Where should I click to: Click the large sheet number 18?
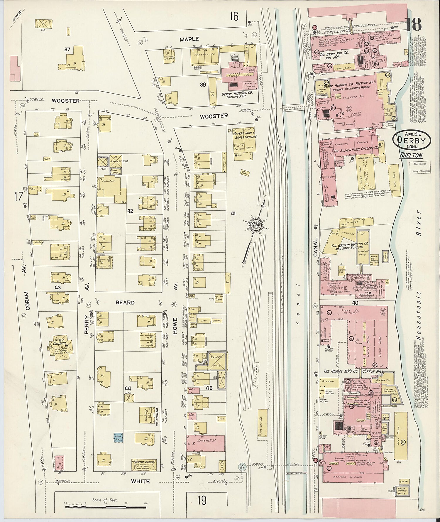coord(414,25)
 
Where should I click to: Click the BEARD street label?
coord(125,303)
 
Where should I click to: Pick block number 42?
coord(130,211)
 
